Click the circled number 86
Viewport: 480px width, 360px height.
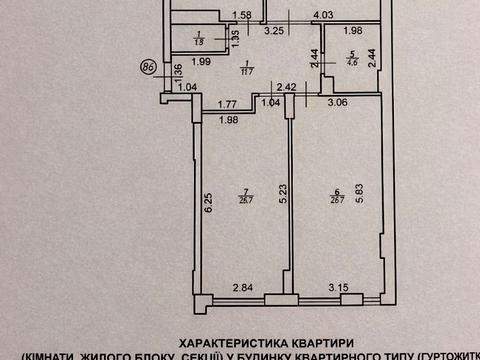coord(149,69)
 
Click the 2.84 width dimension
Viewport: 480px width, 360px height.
coord(244,290)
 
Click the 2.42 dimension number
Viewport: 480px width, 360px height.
coord(286,86)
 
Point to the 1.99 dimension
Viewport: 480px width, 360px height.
coord(199,62)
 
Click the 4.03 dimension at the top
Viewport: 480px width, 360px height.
coord(322,15)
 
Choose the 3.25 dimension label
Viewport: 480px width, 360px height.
coord(273,32)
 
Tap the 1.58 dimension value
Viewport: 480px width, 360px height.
coord(240,15)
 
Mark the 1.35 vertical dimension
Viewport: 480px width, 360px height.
coord(236,39)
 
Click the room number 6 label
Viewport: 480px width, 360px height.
coord(338,192)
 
